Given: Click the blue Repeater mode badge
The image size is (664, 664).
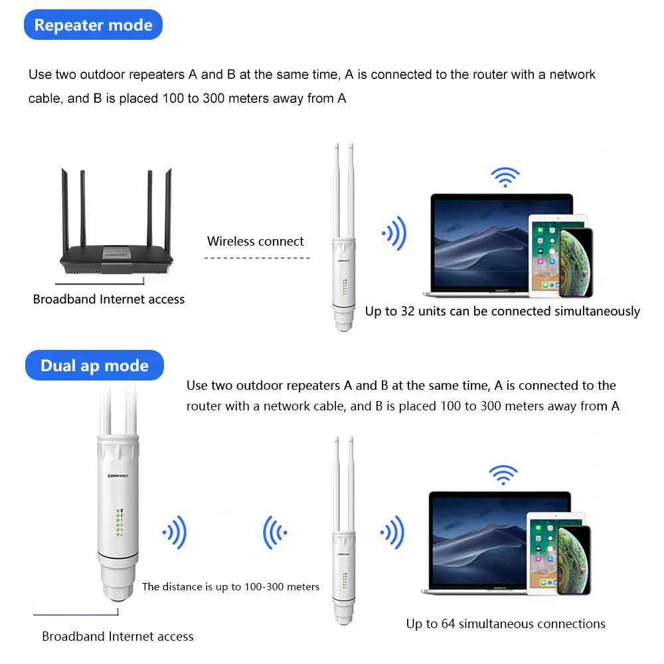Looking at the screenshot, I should [93, 25].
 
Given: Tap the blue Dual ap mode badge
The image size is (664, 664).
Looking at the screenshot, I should [94, 366].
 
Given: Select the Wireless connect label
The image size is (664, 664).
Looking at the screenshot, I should [256, 242].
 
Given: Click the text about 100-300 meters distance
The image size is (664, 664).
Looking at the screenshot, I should [231, 587].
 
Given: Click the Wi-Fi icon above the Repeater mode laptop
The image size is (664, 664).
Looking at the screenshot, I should [505, 177].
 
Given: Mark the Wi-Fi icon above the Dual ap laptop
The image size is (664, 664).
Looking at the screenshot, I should [503, 474].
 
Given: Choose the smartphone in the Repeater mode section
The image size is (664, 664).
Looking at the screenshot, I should [575, 263].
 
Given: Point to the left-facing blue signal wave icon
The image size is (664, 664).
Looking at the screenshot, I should [275, 532].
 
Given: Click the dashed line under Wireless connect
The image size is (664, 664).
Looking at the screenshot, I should [256, 257].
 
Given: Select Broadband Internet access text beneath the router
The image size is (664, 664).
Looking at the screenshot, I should [109, 299].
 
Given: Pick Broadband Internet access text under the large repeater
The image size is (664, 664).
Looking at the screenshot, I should [118, 637].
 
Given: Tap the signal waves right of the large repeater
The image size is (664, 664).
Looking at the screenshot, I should [175, 532].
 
